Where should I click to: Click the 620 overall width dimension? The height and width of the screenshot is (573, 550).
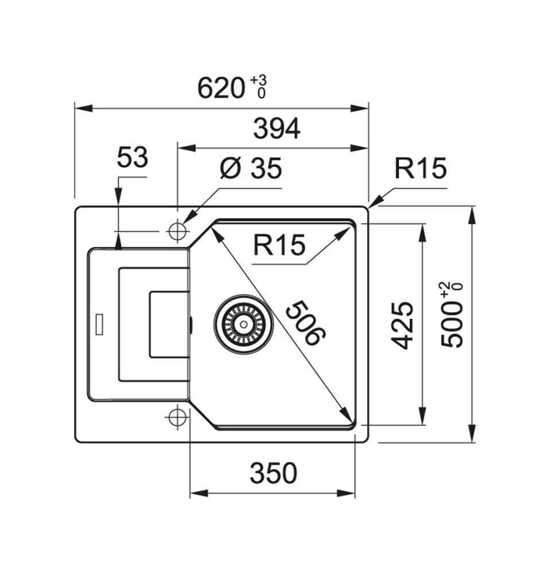221,88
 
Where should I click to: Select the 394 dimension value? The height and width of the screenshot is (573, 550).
276,129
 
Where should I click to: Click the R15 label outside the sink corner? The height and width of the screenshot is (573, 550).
420,168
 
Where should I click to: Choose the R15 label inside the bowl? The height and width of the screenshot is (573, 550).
279,246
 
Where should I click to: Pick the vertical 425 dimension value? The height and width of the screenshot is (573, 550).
403,325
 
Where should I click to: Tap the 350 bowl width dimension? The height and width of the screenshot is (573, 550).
274,473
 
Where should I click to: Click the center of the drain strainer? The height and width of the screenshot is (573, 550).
244,324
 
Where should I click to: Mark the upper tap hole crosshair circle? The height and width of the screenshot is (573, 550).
177,231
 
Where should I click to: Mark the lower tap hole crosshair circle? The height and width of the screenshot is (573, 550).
177,417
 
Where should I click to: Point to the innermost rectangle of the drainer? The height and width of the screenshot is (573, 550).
169,324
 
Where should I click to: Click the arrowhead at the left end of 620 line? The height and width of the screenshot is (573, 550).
80,108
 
